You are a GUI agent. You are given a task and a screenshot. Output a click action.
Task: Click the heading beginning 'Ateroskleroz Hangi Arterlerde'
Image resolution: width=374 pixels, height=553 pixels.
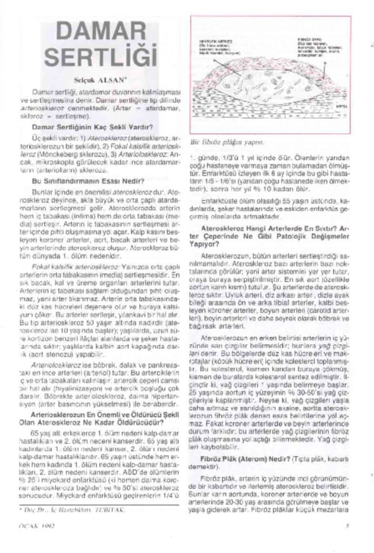[270, 232]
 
